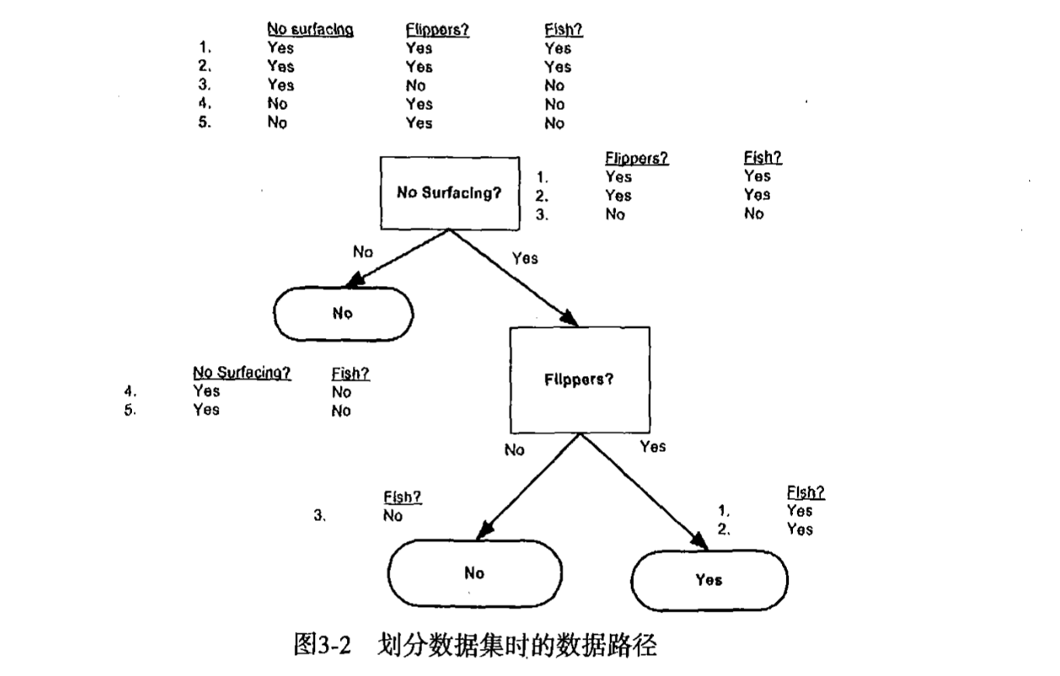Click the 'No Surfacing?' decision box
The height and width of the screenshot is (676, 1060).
pyautogui.click(x=449, y=193)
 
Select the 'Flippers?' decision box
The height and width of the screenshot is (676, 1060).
pyautogui.click(x=579, y=380)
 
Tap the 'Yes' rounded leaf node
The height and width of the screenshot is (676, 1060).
pyautogui.click(x=709, y=580)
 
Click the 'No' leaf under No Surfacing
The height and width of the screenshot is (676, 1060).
pyautogui.click(x=343, y=314)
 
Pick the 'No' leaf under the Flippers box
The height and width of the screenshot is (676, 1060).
pyautogui.click(x=474, y=574)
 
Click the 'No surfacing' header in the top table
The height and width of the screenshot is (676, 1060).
pyautogui.click(x=310, y=29)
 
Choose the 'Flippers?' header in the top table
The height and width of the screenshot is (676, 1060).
pyautogui.click(x=438, y=29)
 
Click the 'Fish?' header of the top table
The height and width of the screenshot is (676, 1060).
pyautogui.click(x=563, y=29)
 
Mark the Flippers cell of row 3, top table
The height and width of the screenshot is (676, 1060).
pyautogui.click(x=416, y=85)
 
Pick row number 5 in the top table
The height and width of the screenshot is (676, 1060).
pyautogui.click(x=204, y=122)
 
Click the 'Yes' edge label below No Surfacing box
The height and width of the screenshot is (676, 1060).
pyautogui.click(x=525, y=258)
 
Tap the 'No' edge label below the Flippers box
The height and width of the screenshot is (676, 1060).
pyautogui.click(x=514, y=450)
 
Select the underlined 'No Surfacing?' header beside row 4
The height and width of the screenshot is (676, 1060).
pyautogui.click(x=242, y=373)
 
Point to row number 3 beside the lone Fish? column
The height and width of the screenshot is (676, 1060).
pyautogui.click(x=319, y=516)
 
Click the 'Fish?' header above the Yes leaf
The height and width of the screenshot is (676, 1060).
pyautogui.click(x=805, y=492)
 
